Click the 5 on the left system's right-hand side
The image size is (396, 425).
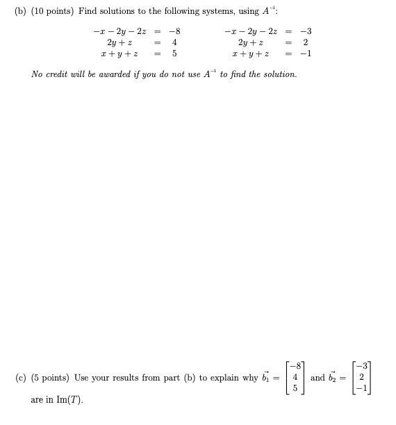[174, 53]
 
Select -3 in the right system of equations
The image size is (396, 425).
[305, 31]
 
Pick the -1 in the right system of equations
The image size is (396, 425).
[305, 53]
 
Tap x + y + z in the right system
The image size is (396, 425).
[255, 53]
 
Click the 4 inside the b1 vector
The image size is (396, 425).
[295, 378]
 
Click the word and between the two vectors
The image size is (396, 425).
[317, 378]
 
